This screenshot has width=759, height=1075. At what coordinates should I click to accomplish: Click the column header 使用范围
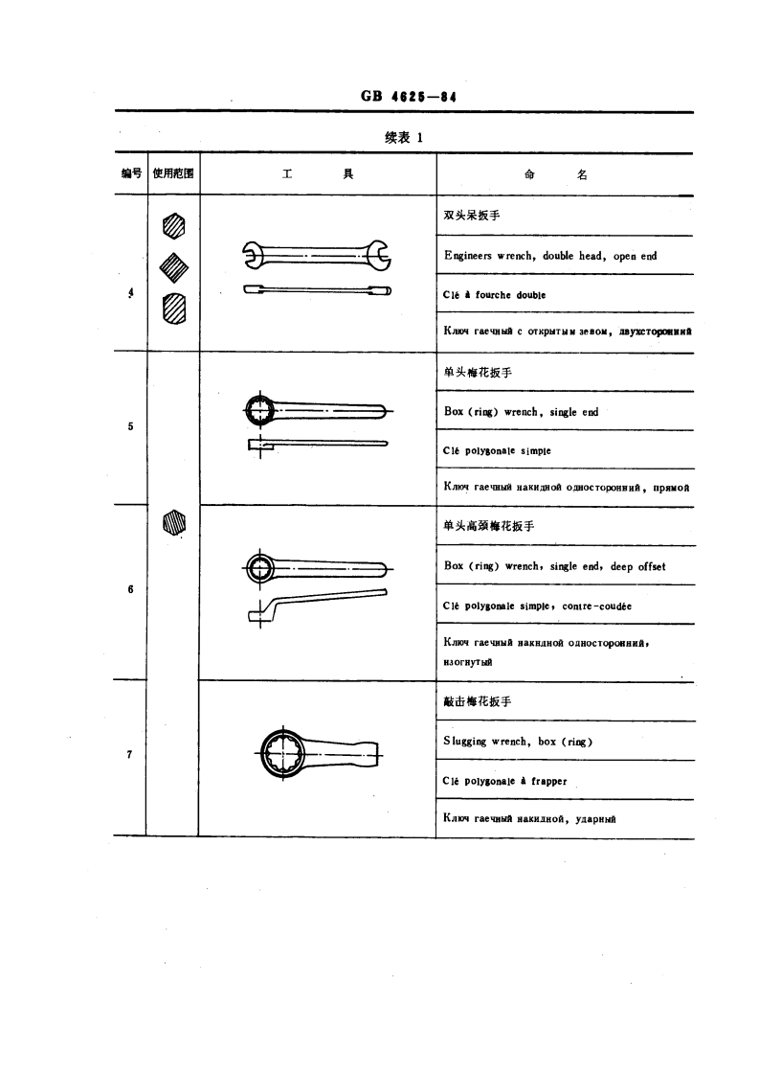tap(173, 174)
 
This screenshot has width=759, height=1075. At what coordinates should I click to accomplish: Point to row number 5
tap(130, 426)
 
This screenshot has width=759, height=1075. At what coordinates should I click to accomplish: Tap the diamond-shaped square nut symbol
tap(173, 263)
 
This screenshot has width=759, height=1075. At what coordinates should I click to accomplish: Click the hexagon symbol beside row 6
tap(173, 522)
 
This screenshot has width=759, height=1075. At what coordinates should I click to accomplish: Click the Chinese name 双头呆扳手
tap(472, 216)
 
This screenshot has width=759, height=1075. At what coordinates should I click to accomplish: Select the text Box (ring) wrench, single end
tap(521, 412)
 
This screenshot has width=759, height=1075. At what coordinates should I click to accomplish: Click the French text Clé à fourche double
tap(494, 295)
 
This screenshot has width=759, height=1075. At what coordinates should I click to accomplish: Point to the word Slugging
tap(465, 742)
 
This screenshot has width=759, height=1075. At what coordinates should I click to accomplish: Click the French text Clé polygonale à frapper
tap(505, 781)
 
